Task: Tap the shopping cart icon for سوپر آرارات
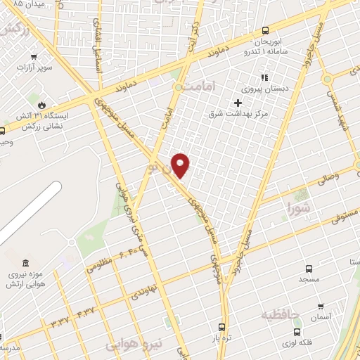(34, 58)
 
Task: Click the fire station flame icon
(41, 104)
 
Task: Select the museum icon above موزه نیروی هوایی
(25, 263)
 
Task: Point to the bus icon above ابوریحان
(265, 30)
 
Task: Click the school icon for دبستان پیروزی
(264, 77)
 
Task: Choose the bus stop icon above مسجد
(308, 268)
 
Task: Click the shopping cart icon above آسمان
(321, 307)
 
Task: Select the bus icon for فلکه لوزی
(297, 331)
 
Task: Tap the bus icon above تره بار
(222, 327)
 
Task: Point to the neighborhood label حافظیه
(281, 314)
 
